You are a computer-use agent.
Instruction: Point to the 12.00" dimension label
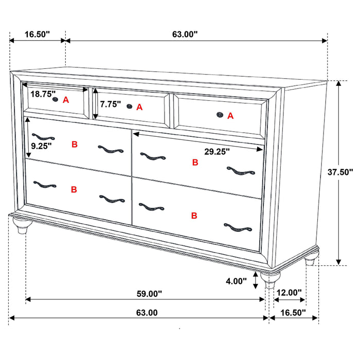pos(289,293)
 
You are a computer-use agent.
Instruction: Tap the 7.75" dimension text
pos(111,104)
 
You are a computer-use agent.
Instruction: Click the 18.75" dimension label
pos(43,94)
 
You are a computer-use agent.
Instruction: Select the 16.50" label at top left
pos(37,34)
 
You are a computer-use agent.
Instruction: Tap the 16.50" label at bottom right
pos(292,312)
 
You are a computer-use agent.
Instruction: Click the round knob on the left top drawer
pos(56,100)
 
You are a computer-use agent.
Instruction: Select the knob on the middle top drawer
pos(129,106)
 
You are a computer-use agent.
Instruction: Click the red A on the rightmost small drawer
pos(230,116)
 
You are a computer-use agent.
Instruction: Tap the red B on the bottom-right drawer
pos(194,215)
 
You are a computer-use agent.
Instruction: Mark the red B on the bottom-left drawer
pos(74,189)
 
